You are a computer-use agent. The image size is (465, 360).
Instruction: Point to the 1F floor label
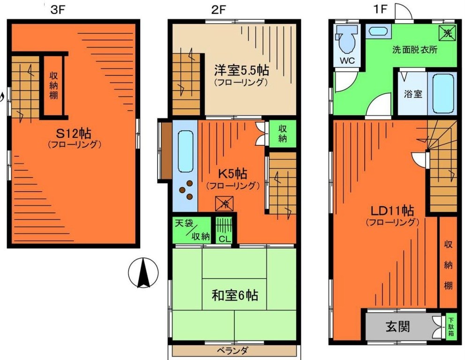(380, 10)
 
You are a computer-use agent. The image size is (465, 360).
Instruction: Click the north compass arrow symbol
(143, 273)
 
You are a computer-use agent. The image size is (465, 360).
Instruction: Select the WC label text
(347, 60)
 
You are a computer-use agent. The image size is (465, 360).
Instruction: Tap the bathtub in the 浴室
(443, 93)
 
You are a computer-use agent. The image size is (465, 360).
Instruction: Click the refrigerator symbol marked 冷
(225, 203)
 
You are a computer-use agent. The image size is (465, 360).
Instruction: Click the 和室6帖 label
(235, 296)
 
